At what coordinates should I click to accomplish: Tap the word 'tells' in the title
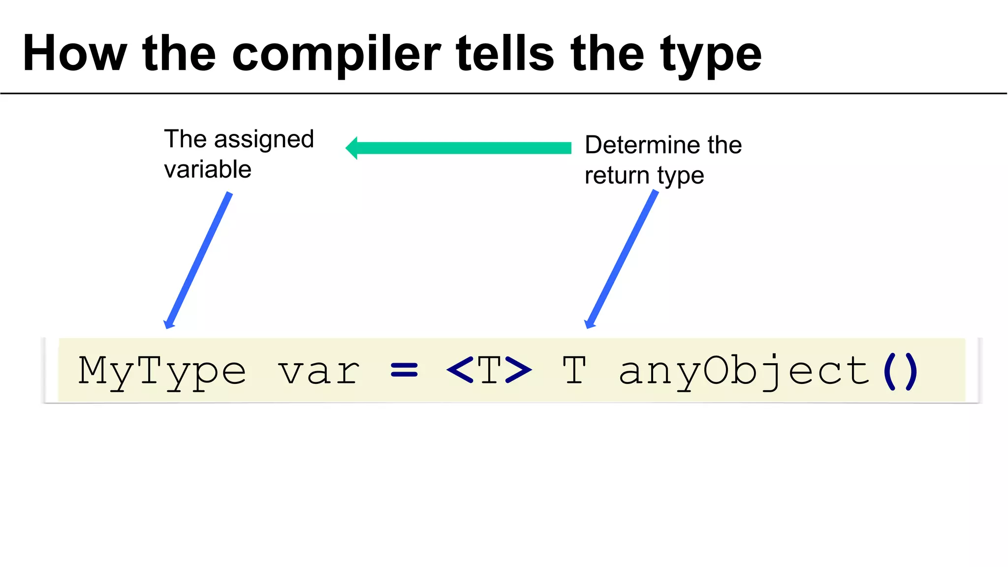click(505, 54)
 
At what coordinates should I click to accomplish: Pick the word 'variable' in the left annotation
click(208, 170)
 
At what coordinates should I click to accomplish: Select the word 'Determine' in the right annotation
click(642, 145)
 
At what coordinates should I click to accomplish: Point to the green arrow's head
click(352, 148)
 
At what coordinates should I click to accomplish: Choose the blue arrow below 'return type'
click(622, 260)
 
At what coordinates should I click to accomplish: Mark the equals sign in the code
click(404, 370)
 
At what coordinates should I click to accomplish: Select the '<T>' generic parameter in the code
click(489, 370)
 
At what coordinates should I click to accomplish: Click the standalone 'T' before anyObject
click(574, 370)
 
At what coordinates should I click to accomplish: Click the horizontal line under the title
click(504, 93)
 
